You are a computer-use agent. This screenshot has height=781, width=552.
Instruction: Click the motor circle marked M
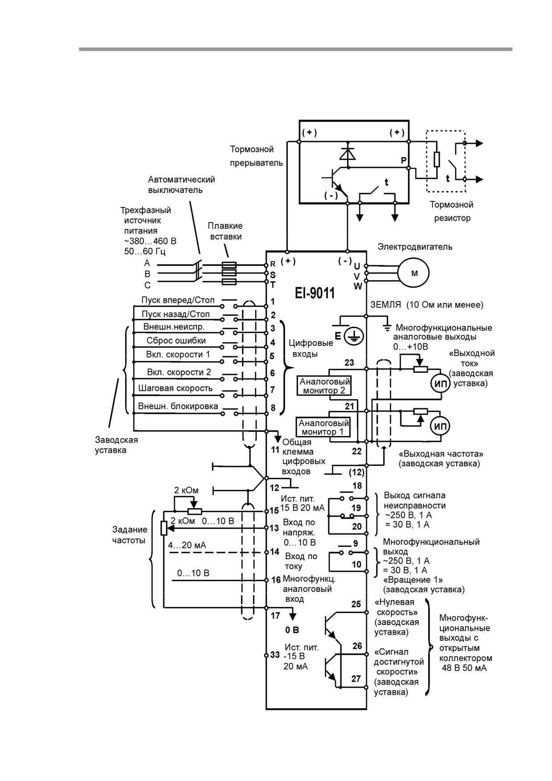[x=414, y=273]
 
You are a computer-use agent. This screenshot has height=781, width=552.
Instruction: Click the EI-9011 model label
[x=315, y=293]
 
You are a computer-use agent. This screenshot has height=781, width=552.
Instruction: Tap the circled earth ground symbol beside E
[x=355, y=336]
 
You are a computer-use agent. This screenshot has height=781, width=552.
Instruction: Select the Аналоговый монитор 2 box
[x=324, y=386]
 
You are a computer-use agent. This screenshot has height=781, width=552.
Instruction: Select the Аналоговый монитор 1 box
[x=324, y=427]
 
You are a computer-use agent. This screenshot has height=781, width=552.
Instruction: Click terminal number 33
[x=275, y=655]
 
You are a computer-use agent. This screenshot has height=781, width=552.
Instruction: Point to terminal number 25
[x=356, y=604]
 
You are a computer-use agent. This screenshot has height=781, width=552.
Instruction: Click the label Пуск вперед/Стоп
[x=178, y=300]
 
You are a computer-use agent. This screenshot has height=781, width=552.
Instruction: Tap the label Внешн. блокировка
[x=178, y=406]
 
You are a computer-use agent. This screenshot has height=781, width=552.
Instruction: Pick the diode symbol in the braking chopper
[x=347, y=153]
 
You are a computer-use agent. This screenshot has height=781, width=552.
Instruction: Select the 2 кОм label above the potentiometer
[x=186, y=490]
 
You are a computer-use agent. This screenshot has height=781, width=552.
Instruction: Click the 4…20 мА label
[x=187, y=545]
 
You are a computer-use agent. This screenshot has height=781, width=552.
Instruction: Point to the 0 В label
[x=292, y=630]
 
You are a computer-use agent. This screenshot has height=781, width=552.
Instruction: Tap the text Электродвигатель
[x=415, y=247]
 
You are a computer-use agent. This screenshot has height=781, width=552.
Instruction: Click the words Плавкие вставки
[x=225, y=231]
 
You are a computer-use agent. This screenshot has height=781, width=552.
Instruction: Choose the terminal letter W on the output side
[x=358, y=287]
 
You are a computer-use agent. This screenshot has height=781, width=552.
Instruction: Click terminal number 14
[x=274, y=552]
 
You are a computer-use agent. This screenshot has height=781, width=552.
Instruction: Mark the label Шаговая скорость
[x=176, y=388]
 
